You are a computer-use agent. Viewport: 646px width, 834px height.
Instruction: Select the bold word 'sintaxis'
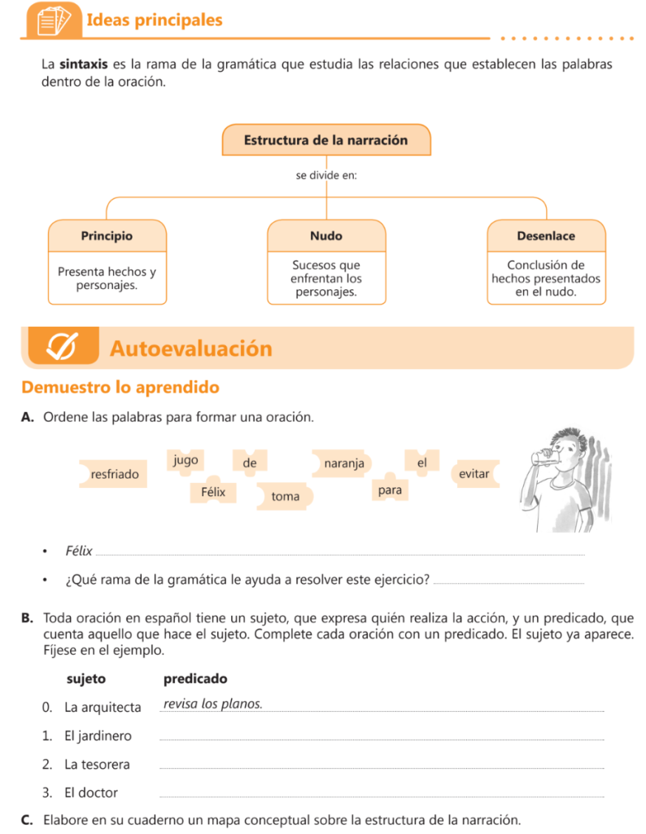pos(82,64)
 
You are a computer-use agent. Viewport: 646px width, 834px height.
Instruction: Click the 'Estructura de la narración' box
pos(325,140)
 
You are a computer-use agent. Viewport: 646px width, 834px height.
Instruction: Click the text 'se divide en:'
pos(325,175)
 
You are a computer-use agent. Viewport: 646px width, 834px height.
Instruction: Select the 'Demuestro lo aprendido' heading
pos(120,387)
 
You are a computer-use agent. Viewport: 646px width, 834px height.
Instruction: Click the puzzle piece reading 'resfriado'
pos(115,473)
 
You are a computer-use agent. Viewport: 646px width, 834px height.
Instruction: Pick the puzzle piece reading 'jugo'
pos(186,460)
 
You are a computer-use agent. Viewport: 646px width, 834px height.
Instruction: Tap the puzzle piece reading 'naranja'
pos(343,463)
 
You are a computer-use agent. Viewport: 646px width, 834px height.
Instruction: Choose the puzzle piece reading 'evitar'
pos(474,473)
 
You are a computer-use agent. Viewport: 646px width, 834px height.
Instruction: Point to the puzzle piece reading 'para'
pos(390,490)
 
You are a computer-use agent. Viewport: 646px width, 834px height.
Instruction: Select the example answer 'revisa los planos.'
pos(212,704)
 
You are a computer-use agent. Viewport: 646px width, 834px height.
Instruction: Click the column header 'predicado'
pos(195,678)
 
